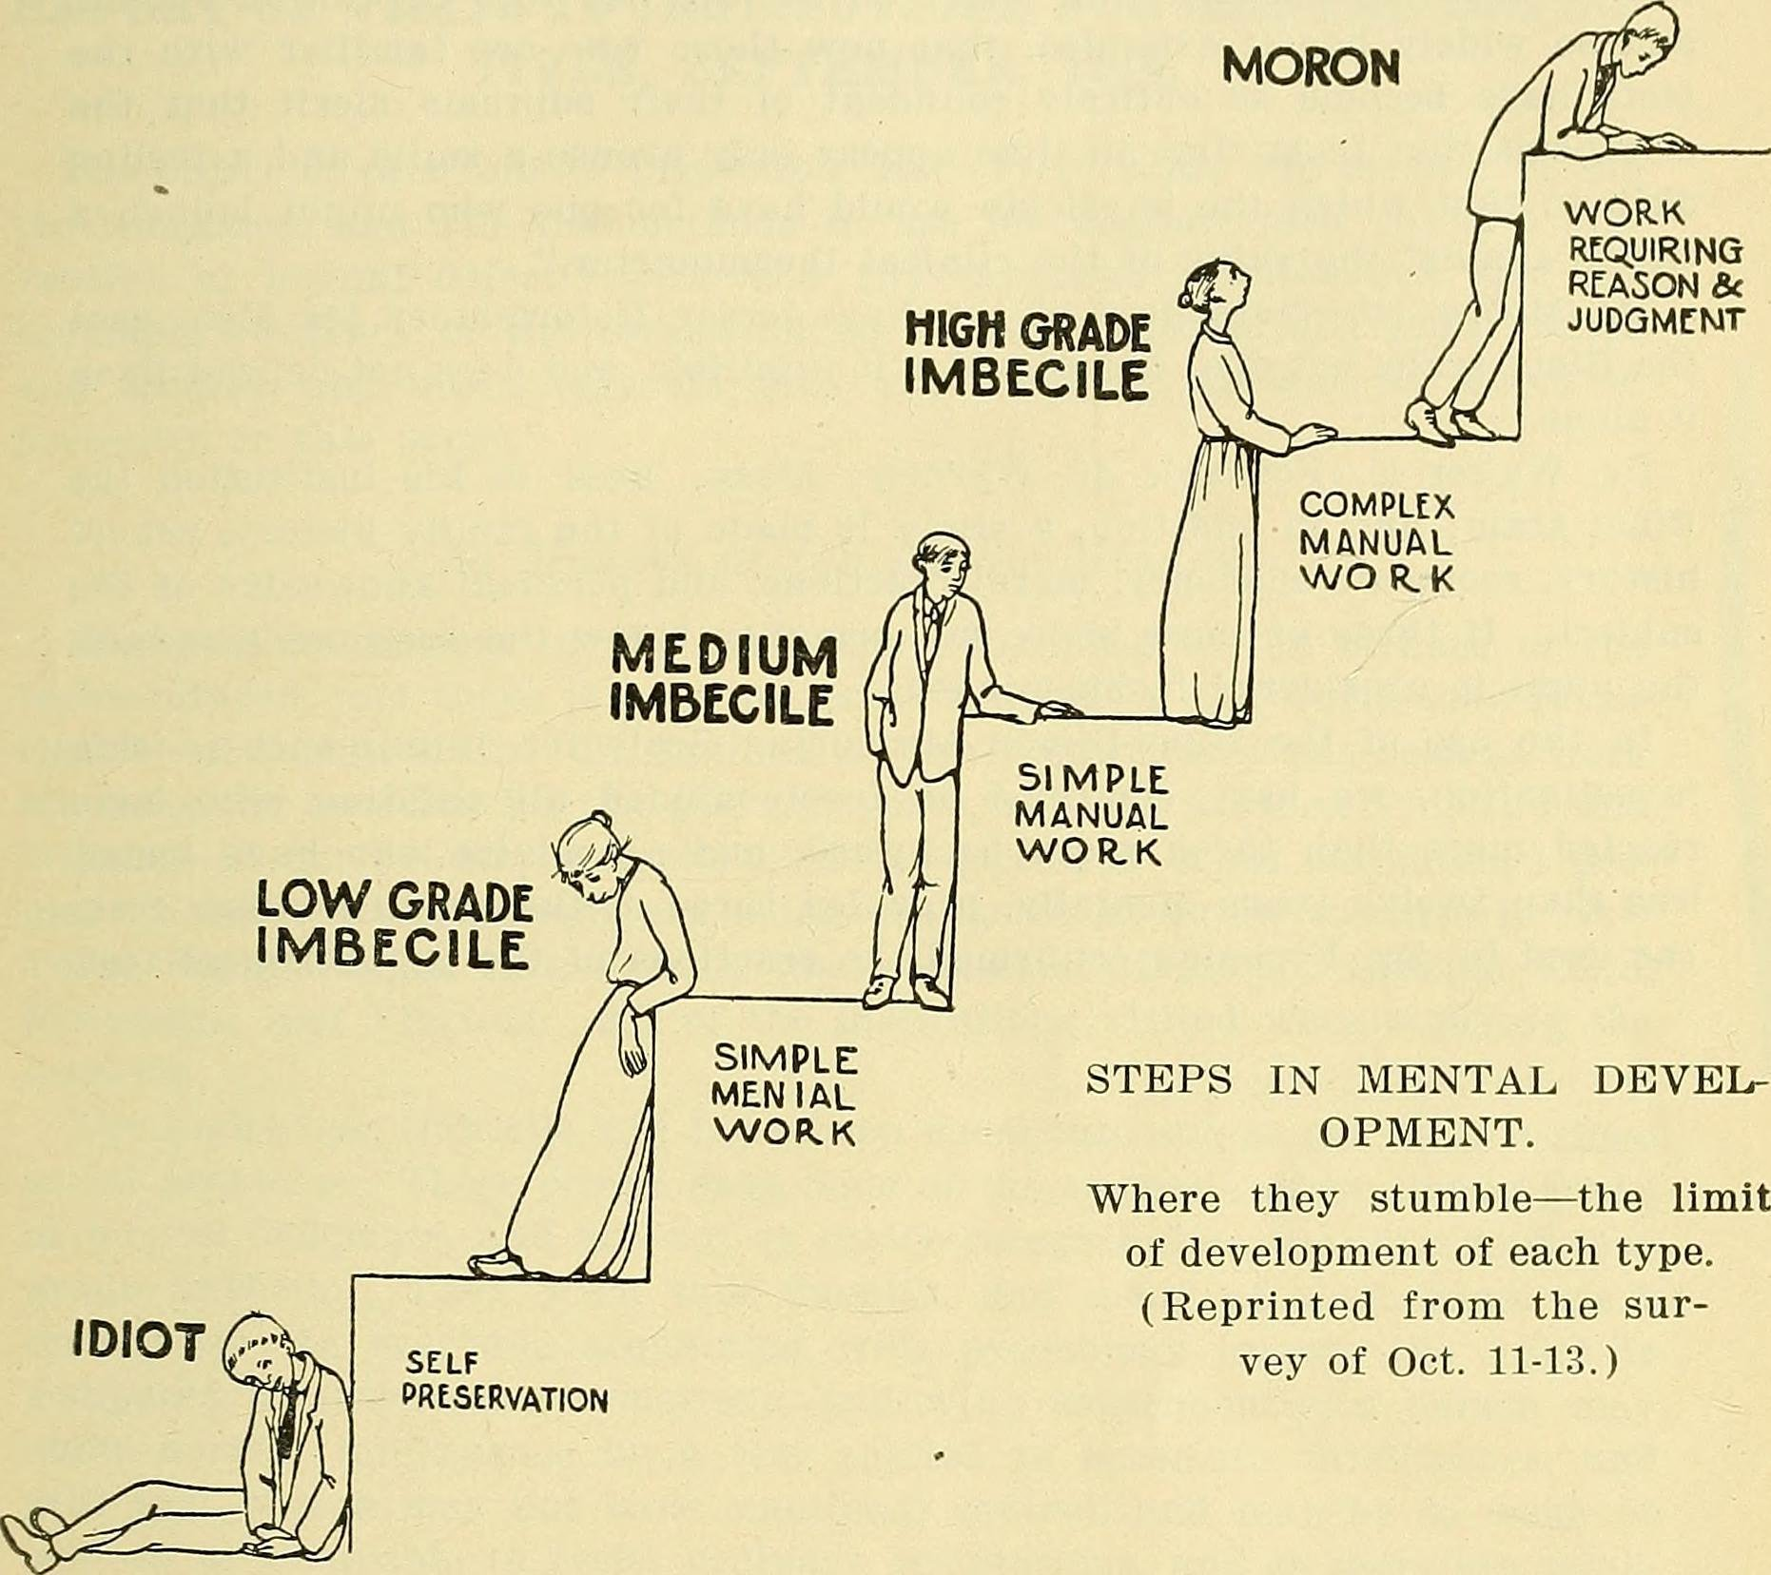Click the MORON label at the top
click(x=1310, y=67)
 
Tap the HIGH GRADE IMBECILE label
click(x=1027, y=357)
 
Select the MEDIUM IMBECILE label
click(x=723, y=680)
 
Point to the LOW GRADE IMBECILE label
click(x=394, y=924)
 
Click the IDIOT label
click(x=139, y=1342)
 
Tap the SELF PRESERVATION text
click(x=504, y=1382)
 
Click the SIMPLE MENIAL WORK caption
click(x=785, y=1096)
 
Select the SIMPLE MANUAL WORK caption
click(x=1091, y=816)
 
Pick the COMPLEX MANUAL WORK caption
click(x=1377, y=542)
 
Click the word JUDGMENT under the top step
click(x=1655, y=320)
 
